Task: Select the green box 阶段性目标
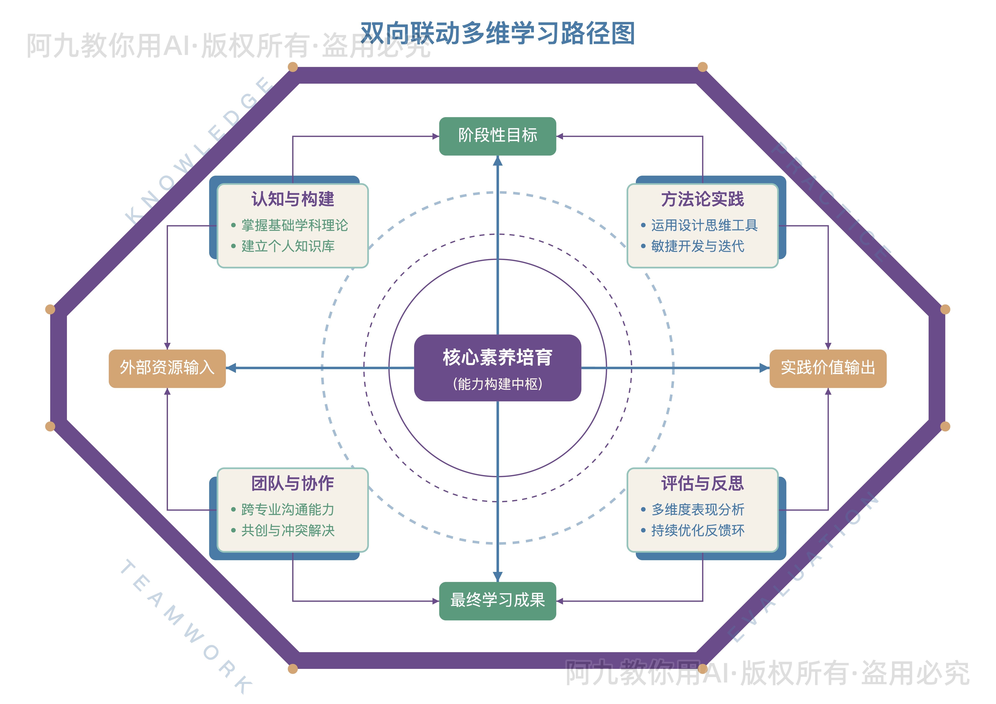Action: [x=498, y=136]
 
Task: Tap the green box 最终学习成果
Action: [x=498, y=600]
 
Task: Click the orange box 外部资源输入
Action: [x=167, y=368]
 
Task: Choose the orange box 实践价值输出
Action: [x=828, y=368]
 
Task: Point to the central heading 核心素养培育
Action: [x=498, y=358]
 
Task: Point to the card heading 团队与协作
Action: [x=293, y=483]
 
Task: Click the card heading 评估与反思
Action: [x=702, y=483]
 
